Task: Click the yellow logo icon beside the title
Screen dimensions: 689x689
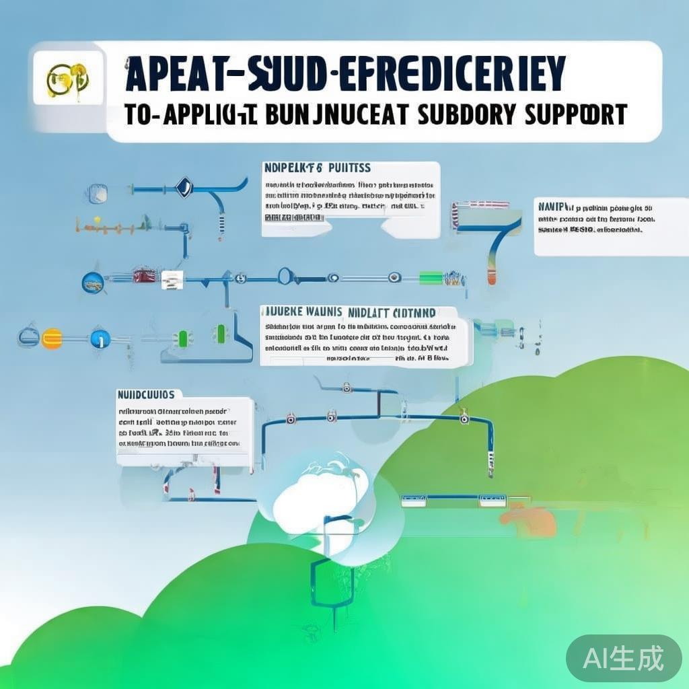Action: pos(67,79)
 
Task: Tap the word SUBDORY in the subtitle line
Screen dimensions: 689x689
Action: pos(468,114)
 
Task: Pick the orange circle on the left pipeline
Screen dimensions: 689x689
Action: pos(51,338)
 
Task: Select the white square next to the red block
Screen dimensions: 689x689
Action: pos(171,279)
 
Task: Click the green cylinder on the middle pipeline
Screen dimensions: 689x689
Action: pos(431,277)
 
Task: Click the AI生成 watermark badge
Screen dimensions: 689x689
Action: pos(624,657)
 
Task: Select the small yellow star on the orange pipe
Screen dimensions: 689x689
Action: pos(98,219)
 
